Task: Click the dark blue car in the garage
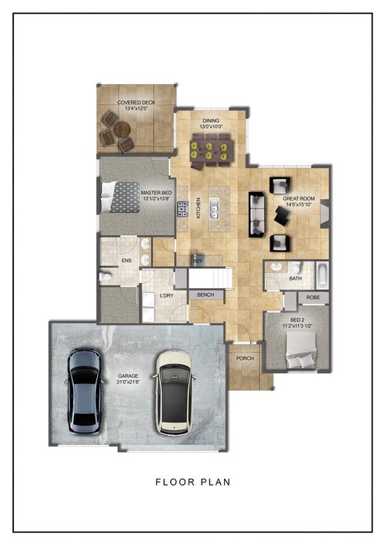click(85, 389)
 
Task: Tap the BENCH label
click(205, 295)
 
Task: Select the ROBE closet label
click(313, 297)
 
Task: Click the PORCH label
click(246, 356)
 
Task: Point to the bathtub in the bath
click(321, 274)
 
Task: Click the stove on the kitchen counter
click(183, 208)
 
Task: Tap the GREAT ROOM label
click(300, 199)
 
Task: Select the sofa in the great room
click(256, 214)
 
